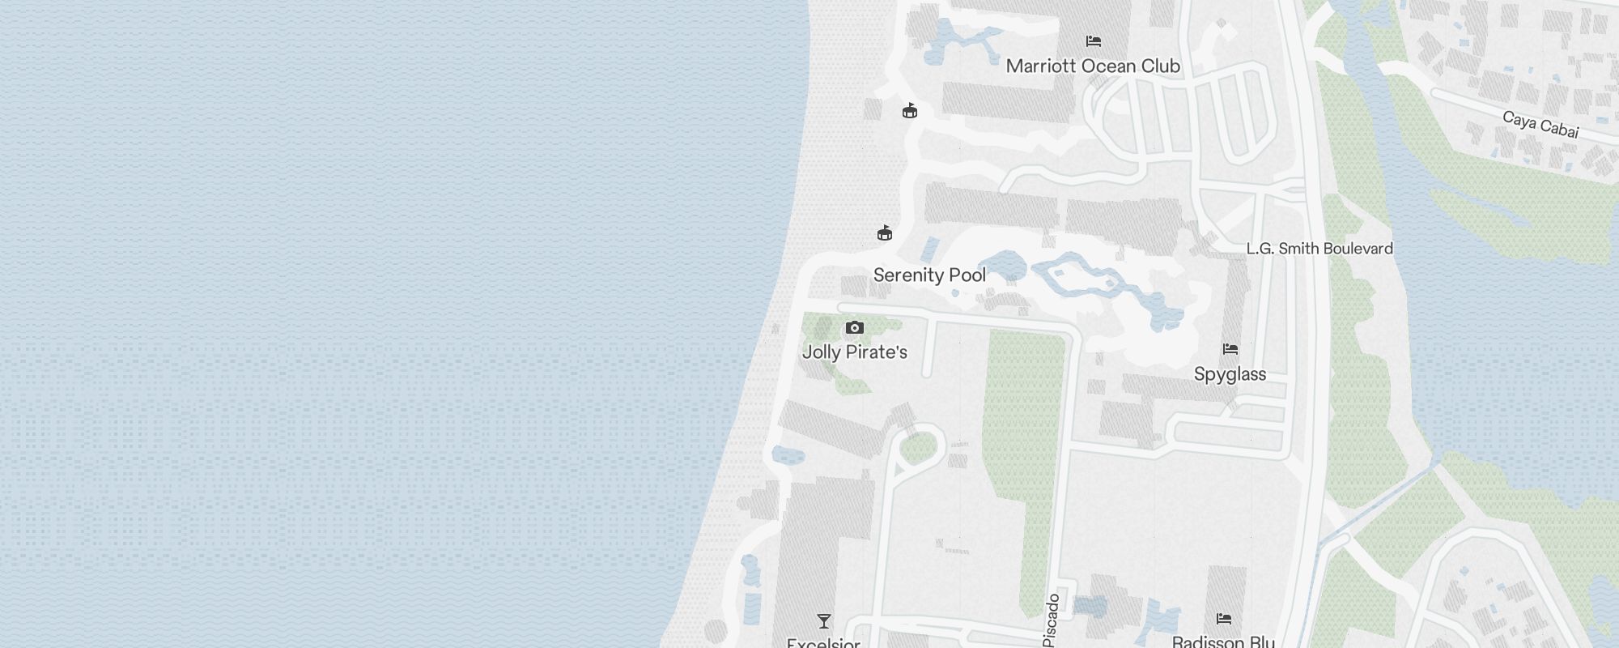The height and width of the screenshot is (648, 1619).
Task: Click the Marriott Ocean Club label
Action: coord(1093,66)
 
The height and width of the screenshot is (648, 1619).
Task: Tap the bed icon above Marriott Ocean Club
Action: coord(1094,40)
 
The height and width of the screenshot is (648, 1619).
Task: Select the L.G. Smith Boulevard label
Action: coord(1319,249)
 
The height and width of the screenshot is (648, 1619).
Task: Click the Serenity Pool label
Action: coord(929,275)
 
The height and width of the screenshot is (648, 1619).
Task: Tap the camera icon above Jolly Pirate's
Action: coord(855,328)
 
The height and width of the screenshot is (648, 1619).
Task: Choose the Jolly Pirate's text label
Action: coord(854,352)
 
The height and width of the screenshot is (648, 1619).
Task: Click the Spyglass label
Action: coord(1230,374)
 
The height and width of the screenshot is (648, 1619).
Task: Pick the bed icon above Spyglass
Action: coord(1230,349)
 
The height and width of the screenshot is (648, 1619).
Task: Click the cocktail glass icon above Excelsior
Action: coord(824,621)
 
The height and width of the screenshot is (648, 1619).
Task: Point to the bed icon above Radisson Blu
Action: coord(1224,619)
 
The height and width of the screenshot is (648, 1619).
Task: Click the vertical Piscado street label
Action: coord(1052,620)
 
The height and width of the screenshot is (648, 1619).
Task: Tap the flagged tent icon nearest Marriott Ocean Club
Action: coord(910,111)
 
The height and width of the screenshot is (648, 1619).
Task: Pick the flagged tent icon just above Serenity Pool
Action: coord(885,233)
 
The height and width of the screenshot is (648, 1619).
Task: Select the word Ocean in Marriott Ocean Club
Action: coord(1104,66)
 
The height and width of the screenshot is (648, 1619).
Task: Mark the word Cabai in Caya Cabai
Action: coord(1558,129)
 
